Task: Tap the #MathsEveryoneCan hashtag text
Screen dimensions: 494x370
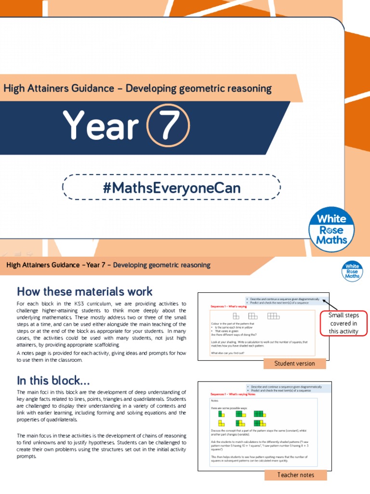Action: (172, 187)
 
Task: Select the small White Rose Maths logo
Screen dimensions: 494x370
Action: (352, 271)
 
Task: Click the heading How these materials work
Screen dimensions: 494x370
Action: (85, 291)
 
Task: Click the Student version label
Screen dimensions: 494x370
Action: (294, 363)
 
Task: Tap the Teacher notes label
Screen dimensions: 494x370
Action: (295, 475)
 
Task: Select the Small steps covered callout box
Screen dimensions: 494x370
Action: (343, 323)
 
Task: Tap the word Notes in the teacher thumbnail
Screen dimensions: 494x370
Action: (215, 401)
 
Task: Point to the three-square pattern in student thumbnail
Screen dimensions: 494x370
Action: (273, 316)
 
